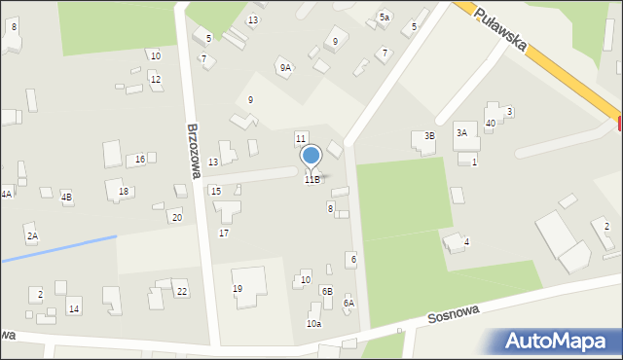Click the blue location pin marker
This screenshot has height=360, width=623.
[311, 157]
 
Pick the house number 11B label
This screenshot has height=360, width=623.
[311, 179]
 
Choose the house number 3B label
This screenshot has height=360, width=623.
[428, 136]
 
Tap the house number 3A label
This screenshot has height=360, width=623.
[461, 132]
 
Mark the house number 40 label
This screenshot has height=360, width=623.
[490, 123]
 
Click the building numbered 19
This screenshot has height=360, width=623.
[248, 285]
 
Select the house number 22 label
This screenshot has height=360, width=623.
[182, 292]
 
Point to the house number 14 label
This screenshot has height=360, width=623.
[74, 308]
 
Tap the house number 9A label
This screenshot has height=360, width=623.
[285, 68]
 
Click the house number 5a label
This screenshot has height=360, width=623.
[385, 18]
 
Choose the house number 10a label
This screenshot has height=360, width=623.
[313, 324]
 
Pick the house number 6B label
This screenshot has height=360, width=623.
[327, 291]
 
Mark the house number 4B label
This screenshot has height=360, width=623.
[66, 197]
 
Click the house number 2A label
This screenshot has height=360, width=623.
[32, 236]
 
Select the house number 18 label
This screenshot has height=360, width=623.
[123, 191]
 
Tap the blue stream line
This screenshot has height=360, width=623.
[58, 248]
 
